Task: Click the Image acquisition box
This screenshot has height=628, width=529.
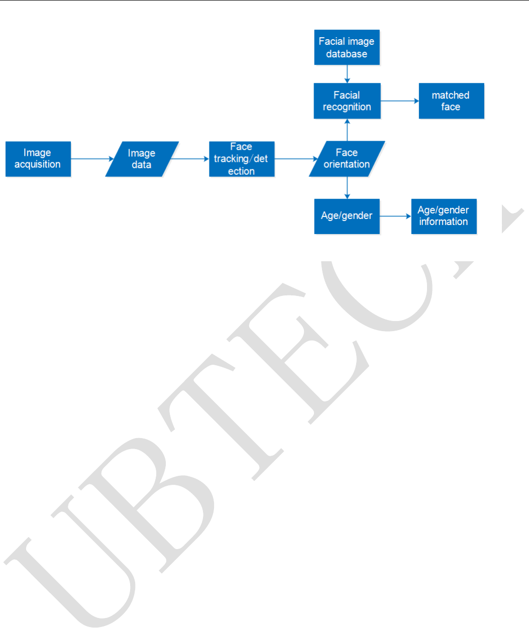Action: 38,159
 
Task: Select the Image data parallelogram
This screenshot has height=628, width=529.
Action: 142,159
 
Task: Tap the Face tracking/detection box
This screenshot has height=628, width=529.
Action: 242,159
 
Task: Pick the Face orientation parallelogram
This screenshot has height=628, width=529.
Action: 347,159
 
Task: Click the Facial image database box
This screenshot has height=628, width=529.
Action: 347,48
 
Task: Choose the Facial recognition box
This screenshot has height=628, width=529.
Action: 347,101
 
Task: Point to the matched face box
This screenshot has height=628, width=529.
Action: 451,101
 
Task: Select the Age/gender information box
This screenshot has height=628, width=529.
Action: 444,216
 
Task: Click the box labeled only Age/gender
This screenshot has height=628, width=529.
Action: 347,216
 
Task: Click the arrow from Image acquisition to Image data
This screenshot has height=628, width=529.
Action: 92,159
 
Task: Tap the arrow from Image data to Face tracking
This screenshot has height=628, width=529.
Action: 190,159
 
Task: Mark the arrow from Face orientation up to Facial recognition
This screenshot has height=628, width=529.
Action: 347,130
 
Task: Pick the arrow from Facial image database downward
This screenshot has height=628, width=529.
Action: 347,74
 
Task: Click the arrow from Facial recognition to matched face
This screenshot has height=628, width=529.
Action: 399,101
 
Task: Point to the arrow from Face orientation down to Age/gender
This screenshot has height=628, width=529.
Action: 347,188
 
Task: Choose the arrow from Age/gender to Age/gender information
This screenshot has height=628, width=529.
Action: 395,217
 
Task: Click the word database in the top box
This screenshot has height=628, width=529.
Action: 347,54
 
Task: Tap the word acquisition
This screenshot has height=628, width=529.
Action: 38,165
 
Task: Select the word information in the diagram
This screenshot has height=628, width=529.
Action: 444,222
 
